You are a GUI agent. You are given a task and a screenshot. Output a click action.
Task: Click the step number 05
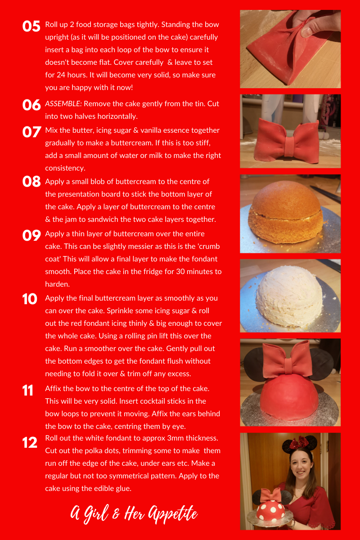[x=31, y=26]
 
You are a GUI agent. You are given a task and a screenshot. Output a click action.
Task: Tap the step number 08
[x=31, y=181]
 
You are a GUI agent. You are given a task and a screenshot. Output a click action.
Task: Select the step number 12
[x=30, y=443]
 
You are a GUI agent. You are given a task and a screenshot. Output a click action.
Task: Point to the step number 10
[x=30, y=299]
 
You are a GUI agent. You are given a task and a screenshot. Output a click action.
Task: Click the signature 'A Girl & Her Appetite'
[x=134, y=514]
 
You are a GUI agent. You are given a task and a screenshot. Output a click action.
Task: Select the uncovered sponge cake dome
[x=286, y=212]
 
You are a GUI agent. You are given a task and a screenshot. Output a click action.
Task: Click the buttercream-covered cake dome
[x=289, y=297]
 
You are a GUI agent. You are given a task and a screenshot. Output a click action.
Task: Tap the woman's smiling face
[x=301, y=467]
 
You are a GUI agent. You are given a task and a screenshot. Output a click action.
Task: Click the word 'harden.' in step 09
[x=58, y=284]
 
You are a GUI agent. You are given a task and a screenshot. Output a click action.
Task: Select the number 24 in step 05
[x=61, y=75]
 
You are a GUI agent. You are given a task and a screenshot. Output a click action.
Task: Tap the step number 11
[x=28, y=390]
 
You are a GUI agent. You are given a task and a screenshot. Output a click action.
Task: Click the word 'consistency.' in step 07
[x=65, y=168]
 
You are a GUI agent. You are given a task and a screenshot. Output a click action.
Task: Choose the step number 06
[x=31, y=105]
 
